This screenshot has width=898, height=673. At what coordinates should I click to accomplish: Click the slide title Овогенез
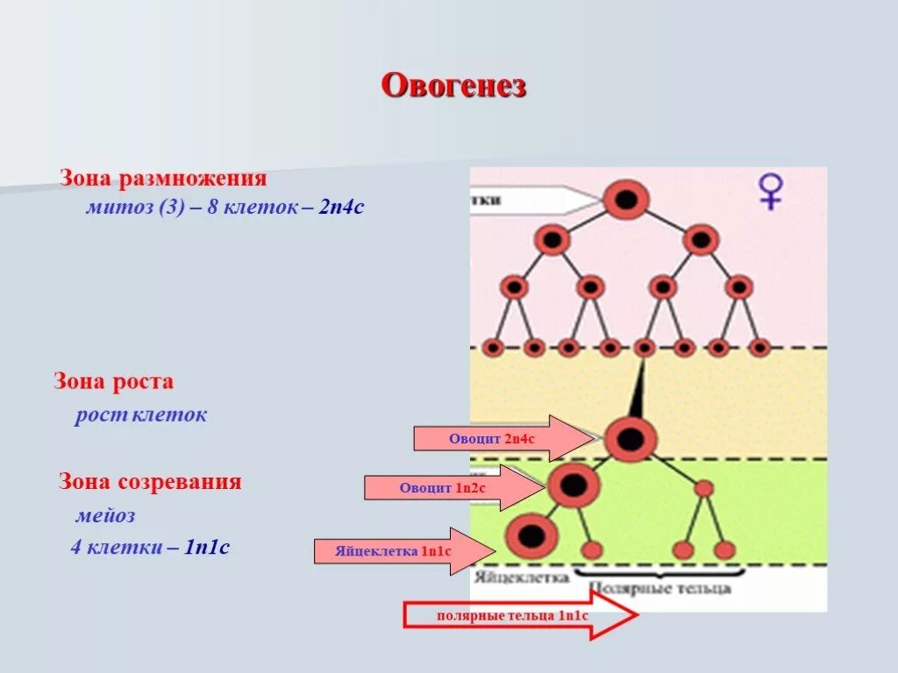point(453,86)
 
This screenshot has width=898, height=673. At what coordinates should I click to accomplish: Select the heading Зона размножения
point(163,179)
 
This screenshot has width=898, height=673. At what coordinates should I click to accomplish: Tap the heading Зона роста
point(114,381)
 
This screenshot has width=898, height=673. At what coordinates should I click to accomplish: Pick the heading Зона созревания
point(150,481)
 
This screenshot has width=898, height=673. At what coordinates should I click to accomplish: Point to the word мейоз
point(105,515)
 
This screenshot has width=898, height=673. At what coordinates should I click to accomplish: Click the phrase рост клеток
point(141,414)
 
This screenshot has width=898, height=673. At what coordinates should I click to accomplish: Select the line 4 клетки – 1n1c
point(150,548)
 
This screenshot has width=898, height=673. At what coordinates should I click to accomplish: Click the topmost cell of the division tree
point(625,199)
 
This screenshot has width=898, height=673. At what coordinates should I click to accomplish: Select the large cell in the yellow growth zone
point(630,438)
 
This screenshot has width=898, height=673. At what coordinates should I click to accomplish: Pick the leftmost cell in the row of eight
point(493,348)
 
